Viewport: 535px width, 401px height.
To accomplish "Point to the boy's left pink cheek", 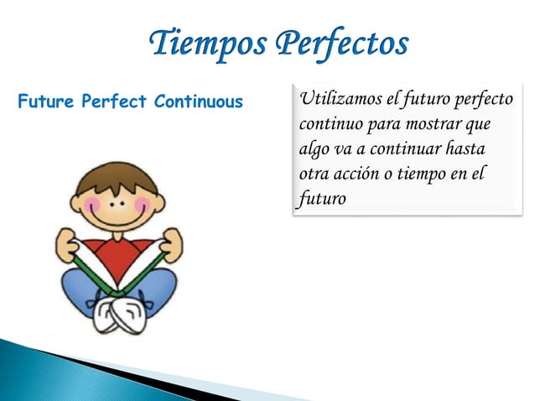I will [x=91, y=205].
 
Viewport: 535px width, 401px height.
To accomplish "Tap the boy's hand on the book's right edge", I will [x=172, y=243].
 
